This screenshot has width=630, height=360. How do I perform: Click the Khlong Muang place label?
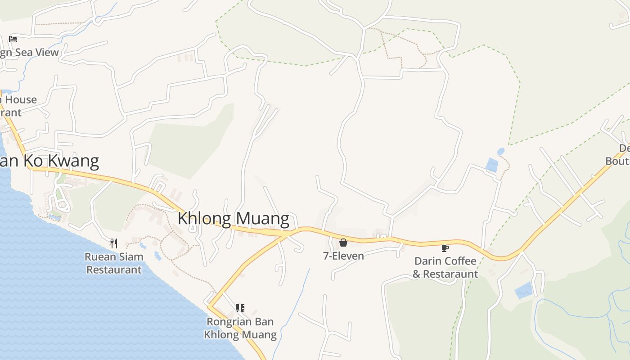(x=233, y=218)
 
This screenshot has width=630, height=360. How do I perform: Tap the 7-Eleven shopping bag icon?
(x=343, y=243)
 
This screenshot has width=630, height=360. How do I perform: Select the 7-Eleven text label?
(x=343, y=256)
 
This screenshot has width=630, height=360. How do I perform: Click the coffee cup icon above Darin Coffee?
(x=445, y=248)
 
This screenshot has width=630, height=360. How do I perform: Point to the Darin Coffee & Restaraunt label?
(x=445, y=267)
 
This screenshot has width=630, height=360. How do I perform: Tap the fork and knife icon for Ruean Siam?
(x=114, y=243)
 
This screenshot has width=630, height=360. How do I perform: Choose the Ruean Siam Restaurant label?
(x=114, y=263)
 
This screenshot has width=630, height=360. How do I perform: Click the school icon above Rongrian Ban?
(x=240, y=308)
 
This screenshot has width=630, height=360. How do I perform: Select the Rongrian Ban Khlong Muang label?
(x=240, y=328)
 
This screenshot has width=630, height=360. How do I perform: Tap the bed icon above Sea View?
(x=13, y=39)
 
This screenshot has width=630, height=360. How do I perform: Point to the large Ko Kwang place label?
(x=49, y=161)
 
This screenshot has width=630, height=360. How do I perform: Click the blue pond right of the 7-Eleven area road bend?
(x=492, y=165)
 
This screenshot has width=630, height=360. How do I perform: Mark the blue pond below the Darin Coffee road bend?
(x=523, y=290)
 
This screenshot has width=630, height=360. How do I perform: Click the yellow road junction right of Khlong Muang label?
(x=287, y=234)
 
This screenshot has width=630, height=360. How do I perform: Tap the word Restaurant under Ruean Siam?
(x=114, y=270)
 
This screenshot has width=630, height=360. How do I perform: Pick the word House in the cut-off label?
(x=21, y=100)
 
